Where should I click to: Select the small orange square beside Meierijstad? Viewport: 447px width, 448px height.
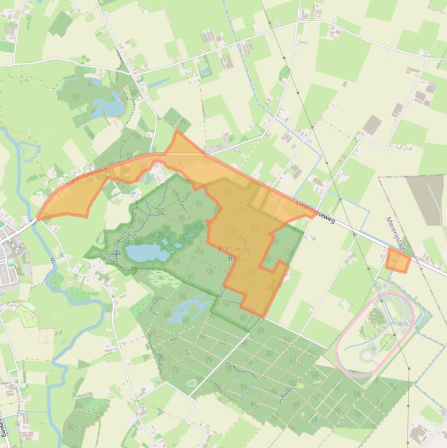[x=398, y=261]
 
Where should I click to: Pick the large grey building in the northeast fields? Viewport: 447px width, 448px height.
[x=372, y=125]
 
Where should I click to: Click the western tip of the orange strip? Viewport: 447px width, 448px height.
[x=40, y=218]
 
